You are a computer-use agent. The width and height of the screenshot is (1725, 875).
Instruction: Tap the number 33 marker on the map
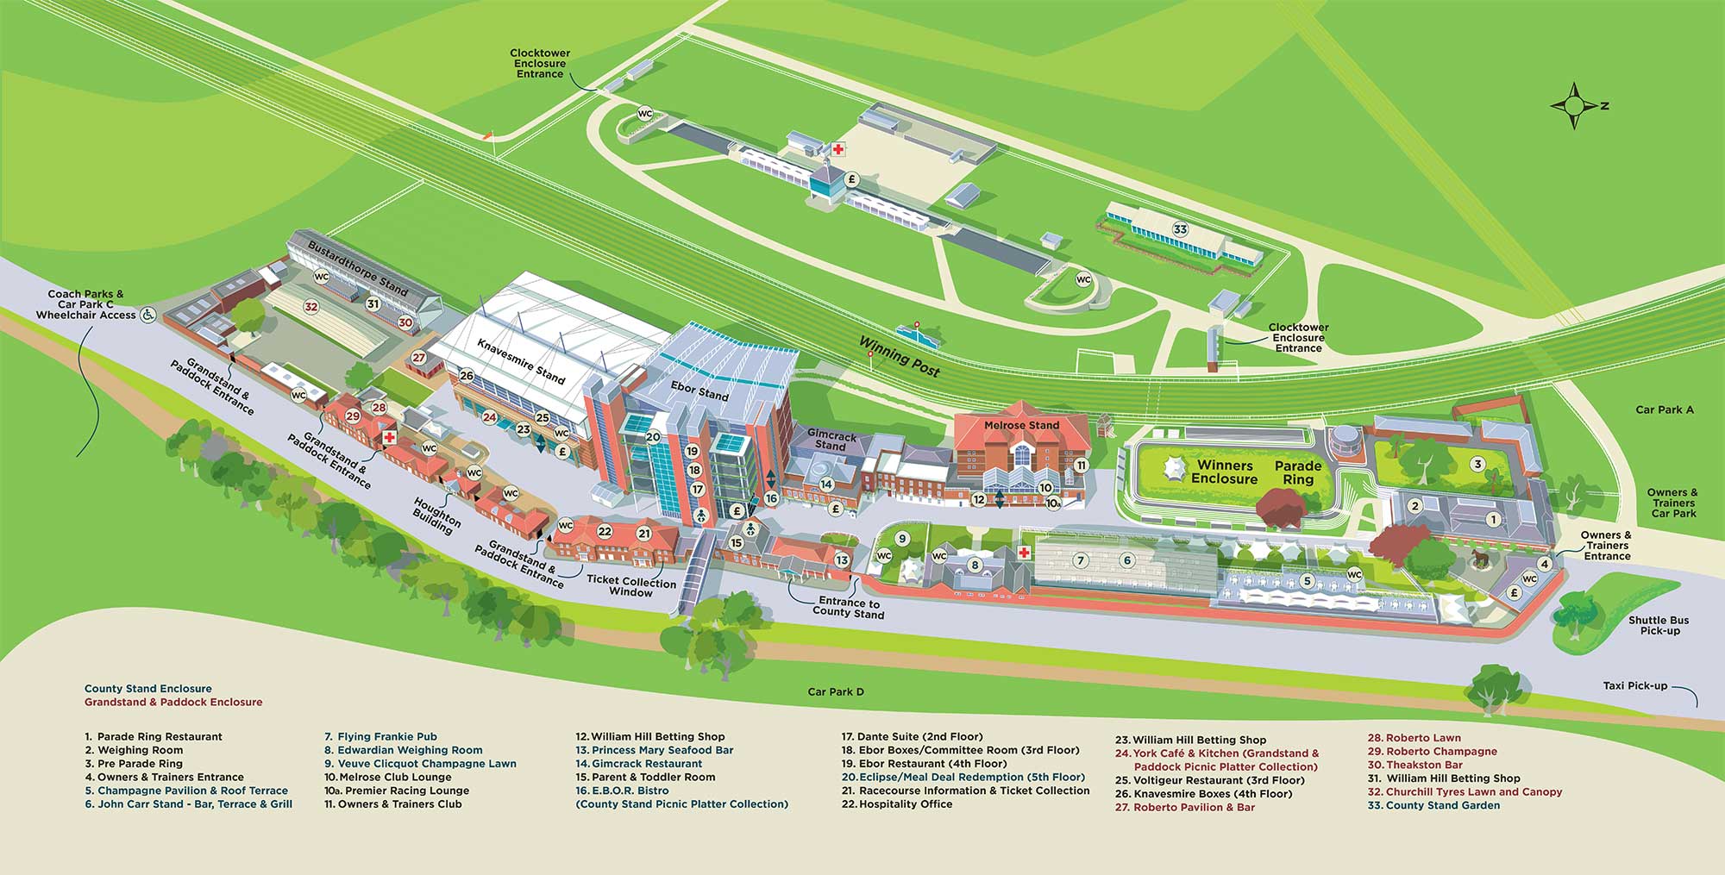(x=1180, y=229)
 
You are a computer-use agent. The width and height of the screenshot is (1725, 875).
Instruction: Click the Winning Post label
(x=899, y=355)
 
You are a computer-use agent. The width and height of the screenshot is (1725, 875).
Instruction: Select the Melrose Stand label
(x=1021, y=425)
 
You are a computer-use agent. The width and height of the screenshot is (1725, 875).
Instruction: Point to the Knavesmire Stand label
(x=521, y=360)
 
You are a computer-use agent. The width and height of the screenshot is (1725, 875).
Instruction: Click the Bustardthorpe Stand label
(x=358, y=268)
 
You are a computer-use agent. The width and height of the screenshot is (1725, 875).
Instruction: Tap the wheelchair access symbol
(x=148, y=315)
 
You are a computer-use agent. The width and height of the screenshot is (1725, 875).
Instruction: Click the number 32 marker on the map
(x=311, y=307)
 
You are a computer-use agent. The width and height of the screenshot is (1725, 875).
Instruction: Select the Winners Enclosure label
(x=1224, y=472)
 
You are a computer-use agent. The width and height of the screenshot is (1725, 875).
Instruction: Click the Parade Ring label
(x=1298, y=472)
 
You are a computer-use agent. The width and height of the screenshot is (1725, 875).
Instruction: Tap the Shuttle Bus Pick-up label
(x=1659, y=625)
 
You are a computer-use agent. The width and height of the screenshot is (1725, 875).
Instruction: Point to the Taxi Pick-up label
(x=1634, y=686)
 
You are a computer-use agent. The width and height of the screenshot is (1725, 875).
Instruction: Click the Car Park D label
(x=835, y=691)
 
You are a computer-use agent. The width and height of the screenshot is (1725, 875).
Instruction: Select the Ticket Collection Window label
(x=630, y=586)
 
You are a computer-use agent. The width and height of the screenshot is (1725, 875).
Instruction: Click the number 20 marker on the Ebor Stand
(x=653, y=437)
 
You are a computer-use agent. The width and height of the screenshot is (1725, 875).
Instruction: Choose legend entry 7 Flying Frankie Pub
(x=380, y=737)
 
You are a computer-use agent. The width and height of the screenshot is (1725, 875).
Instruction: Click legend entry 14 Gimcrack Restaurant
(x=639, y=764)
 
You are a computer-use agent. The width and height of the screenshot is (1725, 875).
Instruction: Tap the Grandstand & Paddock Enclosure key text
(x=172, y=703)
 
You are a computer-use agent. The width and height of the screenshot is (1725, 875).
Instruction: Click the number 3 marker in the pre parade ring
(x=1477, y=465)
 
